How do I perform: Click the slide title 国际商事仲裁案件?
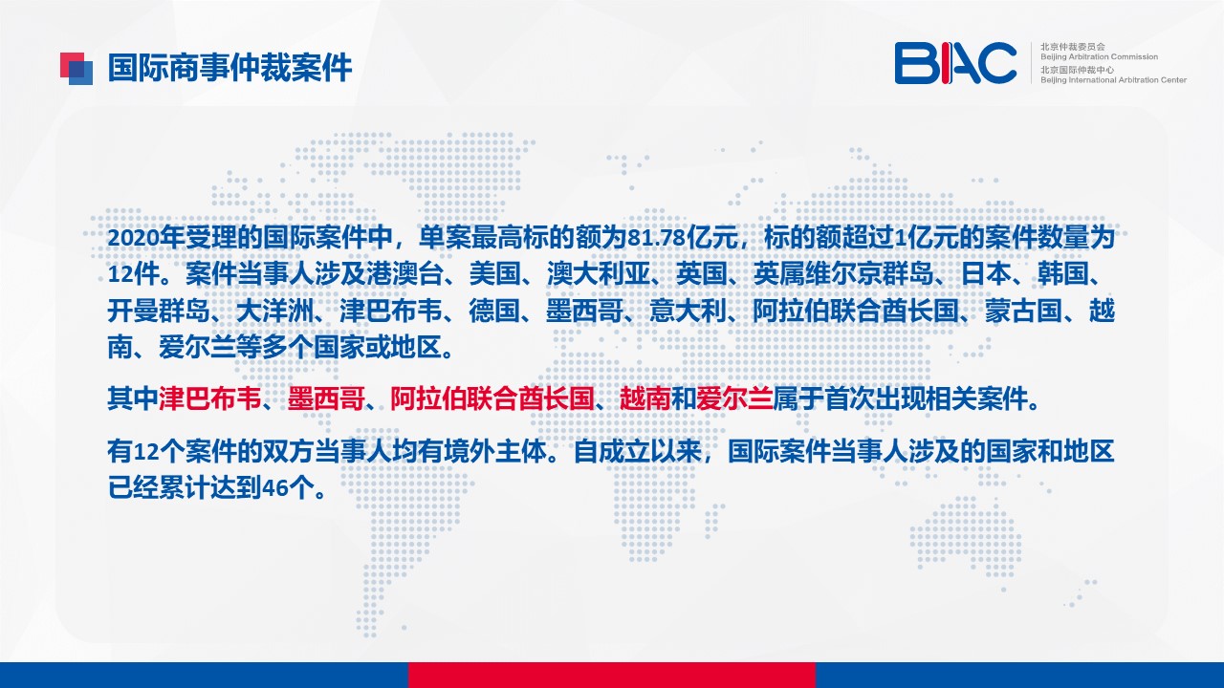coord(229,68)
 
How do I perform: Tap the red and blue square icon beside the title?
coord(76,69)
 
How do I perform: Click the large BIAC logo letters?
coord(955,63)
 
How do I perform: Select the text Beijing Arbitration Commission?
coord(1099,56)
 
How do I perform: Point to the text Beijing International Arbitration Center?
coord(1113,80)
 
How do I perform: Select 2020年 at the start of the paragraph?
coord(146,238)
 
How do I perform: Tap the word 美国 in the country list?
coord(494,274)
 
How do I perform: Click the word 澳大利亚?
coord(599,274)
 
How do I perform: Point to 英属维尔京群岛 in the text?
coord(843,274)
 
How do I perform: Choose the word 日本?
coord(986,274)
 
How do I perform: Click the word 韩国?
coord(1062,274)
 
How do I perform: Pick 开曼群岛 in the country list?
coord(159,312)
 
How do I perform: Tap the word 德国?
coord(494,312)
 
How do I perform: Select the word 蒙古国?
coord(1023,312)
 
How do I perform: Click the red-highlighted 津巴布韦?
coord(209,398)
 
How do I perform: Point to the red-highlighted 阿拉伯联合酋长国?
coord(492,398)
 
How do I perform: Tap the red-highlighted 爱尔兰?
coord(734,398)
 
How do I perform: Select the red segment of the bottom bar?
coord(612,675)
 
